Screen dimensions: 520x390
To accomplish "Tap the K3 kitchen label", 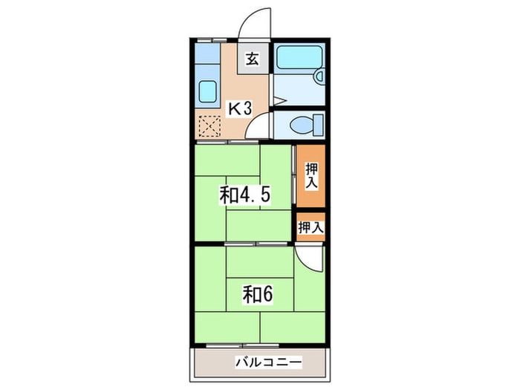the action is [x=239, y=108].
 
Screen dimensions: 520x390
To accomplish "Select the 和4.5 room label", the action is [x=244, y=195].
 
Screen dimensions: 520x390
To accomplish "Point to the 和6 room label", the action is [x=258, y=294].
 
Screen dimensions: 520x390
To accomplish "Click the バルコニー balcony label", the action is [x=269, y=362].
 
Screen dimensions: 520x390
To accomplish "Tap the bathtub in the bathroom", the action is [x=299, y=57].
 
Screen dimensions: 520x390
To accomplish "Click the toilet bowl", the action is [x=301, y=125].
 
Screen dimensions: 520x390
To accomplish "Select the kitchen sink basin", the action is [x=207, y=91].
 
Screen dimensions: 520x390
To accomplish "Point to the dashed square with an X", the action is [x=209, y=126].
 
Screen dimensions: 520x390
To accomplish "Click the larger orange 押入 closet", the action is [x=311, y=176].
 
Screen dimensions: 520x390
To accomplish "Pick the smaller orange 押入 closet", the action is [x=311, y=227].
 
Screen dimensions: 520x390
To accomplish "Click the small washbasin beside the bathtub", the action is [x=319, y=77].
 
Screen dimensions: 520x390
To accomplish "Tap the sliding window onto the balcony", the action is [x=243, y=345].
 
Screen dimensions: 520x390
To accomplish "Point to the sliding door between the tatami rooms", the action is [x=256, y=244].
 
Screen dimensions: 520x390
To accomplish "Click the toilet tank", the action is [x=318, y=125].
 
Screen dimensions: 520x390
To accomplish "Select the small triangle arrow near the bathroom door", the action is [x=279, y=100].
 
